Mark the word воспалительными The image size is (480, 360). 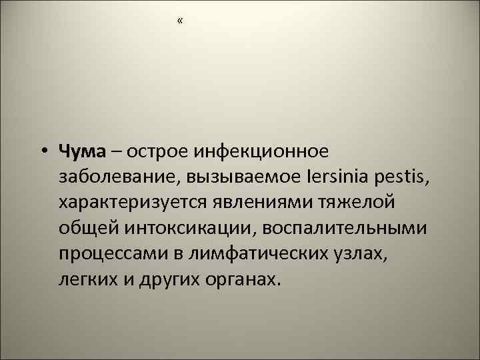tap(347, 228)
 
